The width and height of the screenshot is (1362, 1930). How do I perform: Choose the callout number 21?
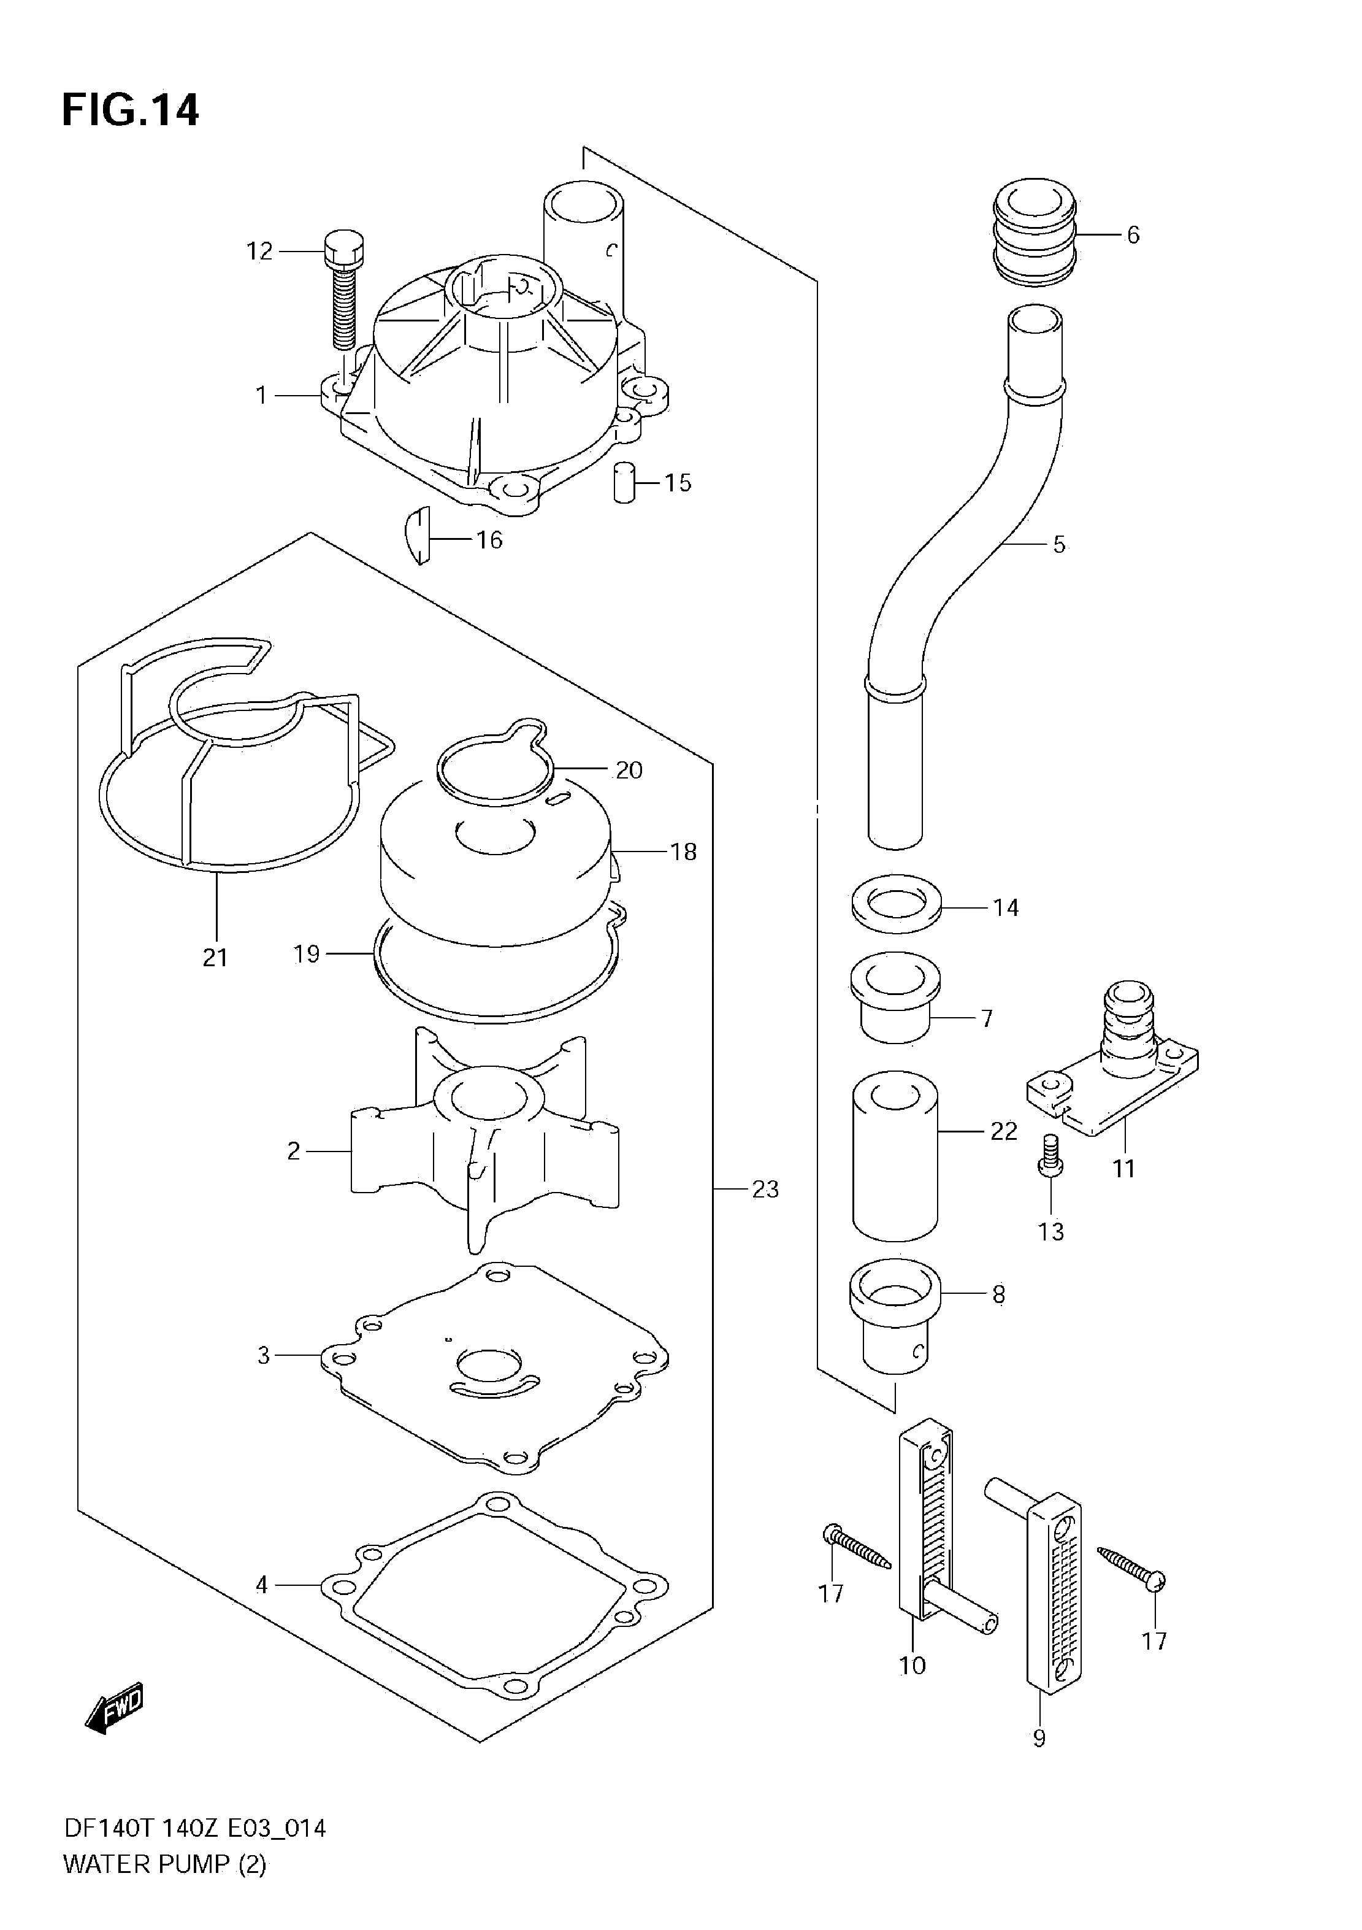click(x=215, y=958)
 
